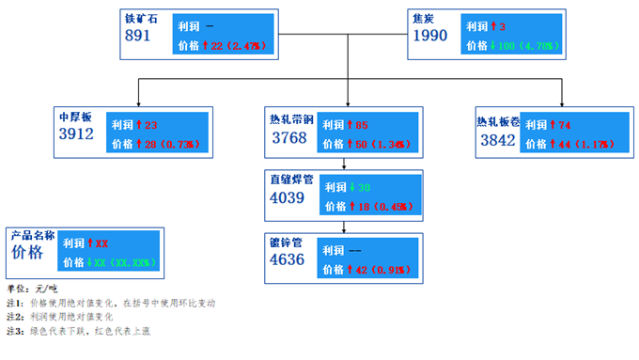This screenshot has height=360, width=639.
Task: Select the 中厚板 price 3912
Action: (77, 134)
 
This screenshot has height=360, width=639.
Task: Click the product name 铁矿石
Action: (143, 18)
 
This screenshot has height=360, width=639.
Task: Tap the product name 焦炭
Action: (425, 18)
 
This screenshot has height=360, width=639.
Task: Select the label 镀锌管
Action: (285, 243)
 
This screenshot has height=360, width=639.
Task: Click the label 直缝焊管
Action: (289, 179)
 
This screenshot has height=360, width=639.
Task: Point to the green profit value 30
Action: (363, 187)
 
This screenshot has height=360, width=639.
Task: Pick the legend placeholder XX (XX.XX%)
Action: (125, 262)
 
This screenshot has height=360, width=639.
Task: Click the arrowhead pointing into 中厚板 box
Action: (138, 103)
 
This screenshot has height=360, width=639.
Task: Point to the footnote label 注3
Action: (14, 331)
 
